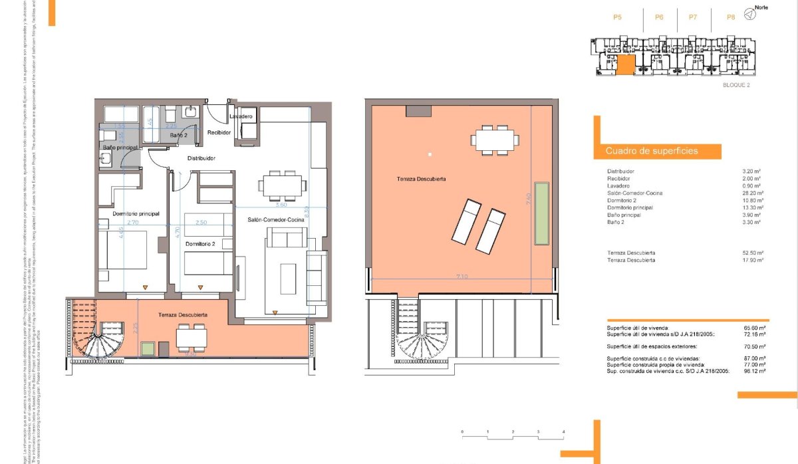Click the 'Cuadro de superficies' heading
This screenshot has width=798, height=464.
(x=652, y=151)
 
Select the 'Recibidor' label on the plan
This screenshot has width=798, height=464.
(x=219, y=132)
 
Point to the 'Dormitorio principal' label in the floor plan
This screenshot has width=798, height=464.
(x=135, y=213)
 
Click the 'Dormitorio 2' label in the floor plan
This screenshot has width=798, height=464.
(x=200, y=245)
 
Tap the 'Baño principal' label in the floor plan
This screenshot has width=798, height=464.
(x=120, y=146)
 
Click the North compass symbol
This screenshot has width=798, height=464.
(x=749, y=13)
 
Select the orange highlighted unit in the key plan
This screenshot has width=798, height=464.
(x=626, y=65)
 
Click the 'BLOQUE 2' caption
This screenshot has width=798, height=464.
(x=736, y=86)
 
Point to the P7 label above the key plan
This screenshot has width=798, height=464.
(x=693, y=17)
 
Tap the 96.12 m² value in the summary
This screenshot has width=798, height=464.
(x=753, y=372)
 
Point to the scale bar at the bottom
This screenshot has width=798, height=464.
(x=513, y=436)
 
